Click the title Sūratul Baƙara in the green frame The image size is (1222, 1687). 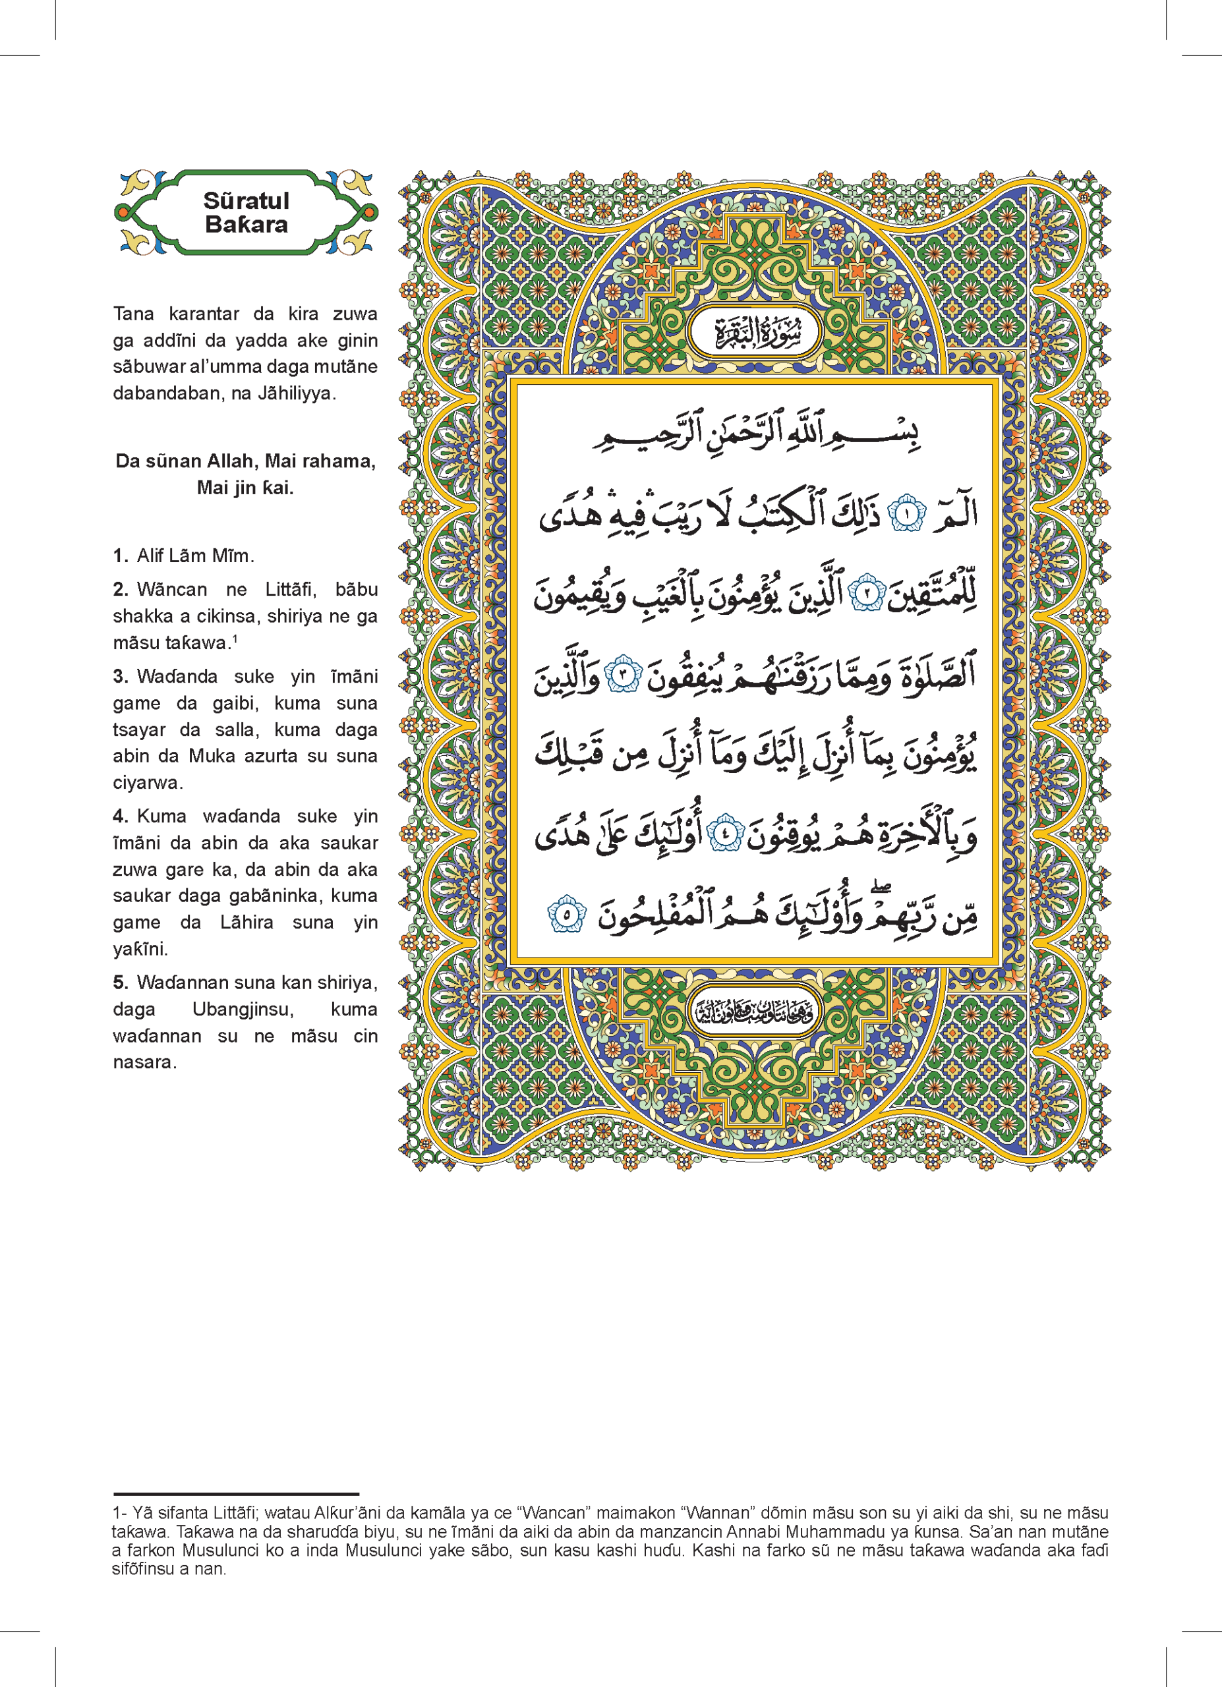click(x=247, y=213)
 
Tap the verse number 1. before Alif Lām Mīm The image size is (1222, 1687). click(x=121, y=556)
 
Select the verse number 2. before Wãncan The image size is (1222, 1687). click(x=123, y=589)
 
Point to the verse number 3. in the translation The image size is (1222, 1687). click(x=123, y=676)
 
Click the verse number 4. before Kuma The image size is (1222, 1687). click(x=123, y=816)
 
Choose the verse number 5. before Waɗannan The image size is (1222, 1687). click(x=123, y=983)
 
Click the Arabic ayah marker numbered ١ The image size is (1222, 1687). click(x=908, y=515)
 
